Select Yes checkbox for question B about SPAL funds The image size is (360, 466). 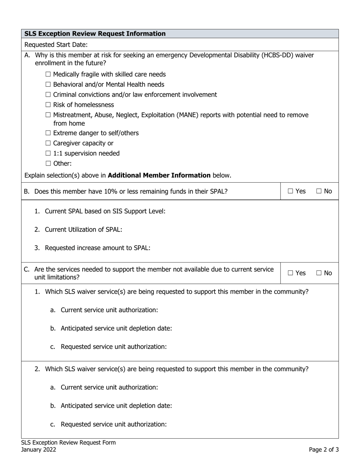coord(290,192)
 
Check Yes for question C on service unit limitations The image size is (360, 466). coord(290,273)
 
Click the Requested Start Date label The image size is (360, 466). coord(56,45)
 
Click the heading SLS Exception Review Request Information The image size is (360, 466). coord(95,34)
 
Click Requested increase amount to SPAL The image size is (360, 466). coord(97,248)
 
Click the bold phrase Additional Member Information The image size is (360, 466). coord(159,175)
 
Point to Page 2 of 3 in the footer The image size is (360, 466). coord(324,450)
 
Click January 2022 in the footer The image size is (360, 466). coord(39,450)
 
